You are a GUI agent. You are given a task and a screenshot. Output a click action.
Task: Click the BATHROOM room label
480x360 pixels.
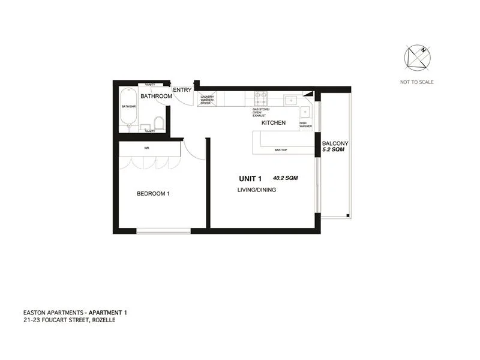coord(156,96)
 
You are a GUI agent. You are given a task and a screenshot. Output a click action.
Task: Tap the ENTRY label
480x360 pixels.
coord(182,91)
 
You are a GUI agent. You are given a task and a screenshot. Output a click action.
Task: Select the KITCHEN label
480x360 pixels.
coord(273,123)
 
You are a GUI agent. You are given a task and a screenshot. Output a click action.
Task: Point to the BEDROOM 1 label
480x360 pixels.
coord(154,193)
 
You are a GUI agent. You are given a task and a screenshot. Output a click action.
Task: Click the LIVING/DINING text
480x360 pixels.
coord(256,190)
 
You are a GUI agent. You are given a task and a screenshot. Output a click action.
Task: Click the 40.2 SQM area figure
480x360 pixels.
coord(286,178)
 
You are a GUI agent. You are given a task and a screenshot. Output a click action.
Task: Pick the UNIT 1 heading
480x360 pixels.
coord(251,178)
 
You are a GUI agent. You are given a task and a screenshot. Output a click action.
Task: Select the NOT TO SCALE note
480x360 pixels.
coord(416,82)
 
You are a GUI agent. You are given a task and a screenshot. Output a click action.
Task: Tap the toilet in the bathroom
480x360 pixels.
coord(159,123)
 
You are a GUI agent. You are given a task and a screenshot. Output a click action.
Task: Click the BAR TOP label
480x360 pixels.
coord(280,149)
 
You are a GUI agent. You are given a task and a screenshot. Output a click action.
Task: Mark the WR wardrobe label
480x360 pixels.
coord(146,148)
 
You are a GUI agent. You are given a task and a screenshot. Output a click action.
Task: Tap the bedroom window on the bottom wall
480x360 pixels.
coord(163,231)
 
